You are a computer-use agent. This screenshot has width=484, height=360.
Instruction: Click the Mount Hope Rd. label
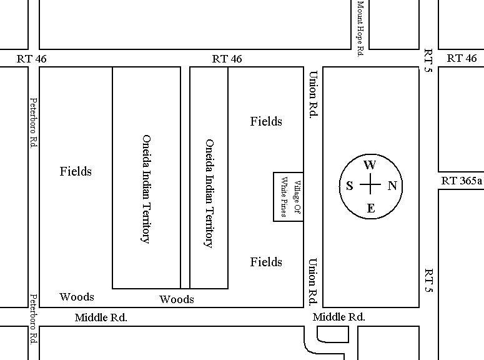360,29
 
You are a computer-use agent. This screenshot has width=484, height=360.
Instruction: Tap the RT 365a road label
462,181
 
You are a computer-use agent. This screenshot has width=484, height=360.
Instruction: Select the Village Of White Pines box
289,197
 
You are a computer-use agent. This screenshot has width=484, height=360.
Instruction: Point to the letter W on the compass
370,166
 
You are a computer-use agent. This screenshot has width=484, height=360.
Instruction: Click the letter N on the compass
392,186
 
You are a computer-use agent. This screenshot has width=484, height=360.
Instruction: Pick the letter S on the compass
350,186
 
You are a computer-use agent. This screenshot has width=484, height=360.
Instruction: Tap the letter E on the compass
370,208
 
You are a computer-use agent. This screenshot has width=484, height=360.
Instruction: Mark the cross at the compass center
370,186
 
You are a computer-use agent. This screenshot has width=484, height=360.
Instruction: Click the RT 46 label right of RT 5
462,58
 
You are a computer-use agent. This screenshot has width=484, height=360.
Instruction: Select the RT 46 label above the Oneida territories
227,59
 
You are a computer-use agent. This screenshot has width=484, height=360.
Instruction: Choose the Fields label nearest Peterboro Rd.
76,171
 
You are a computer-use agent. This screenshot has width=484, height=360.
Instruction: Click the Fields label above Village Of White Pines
266,121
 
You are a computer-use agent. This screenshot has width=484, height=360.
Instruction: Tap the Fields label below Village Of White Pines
266,262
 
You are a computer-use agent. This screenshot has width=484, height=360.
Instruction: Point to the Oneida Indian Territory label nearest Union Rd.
209,193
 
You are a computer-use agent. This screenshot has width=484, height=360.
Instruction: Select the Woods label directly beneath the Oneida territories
177,299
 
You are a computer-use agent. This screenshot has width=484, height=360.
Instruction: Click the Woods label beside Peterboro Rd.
77,297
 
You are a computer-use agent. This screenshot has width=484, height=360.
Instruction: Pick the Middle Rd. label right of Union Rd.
339,317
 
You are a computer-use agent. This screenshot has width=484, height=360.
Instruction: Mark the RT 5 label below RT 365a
428,281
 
